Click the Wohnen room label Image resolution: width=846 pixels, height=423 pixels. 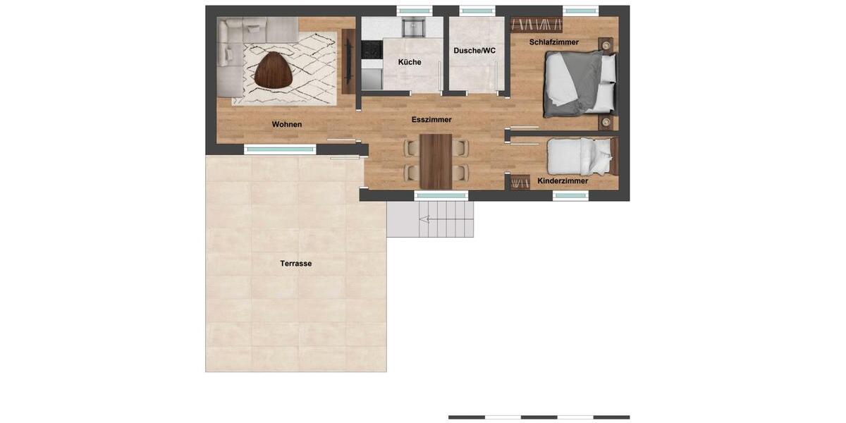coord(287,125)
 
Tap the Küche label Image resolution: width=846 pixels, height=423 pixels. coord(410,62)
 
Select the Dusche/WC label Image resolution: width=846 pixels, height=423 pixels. coord(474,51)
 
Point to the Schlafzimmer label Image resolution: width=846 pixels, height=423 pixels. coord(554,42)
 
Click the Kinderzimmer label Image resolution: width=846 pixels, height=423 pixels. coord(563,181)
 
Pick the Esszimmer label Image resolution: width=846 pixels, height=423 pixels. coord(431,120)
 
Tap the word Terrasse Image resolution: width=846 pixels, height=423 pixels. coord(296,264)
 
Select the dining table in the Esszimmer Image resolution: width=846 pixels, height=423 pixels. coord(436,161)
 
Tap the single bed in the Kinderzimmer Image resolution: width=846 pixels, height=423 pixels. coord(580,156)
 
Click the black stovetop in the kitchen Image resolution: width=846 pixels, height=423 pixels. coord(372,49)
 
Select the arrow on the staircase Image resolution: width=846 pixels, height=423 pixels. coord(424,220)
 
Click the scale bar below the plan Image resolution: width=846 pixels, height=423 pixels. coord(539,417)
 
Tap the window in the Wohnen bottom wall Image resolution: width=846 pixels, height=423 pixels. coord(280,149)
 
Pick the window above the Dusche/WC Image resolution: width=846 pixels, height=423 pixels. coord(477,11)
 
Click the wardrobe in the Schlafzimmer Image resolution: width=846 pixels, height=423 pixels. coord(537,25)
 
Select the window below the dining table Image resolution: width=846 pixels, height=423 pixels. coord(441,195)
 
